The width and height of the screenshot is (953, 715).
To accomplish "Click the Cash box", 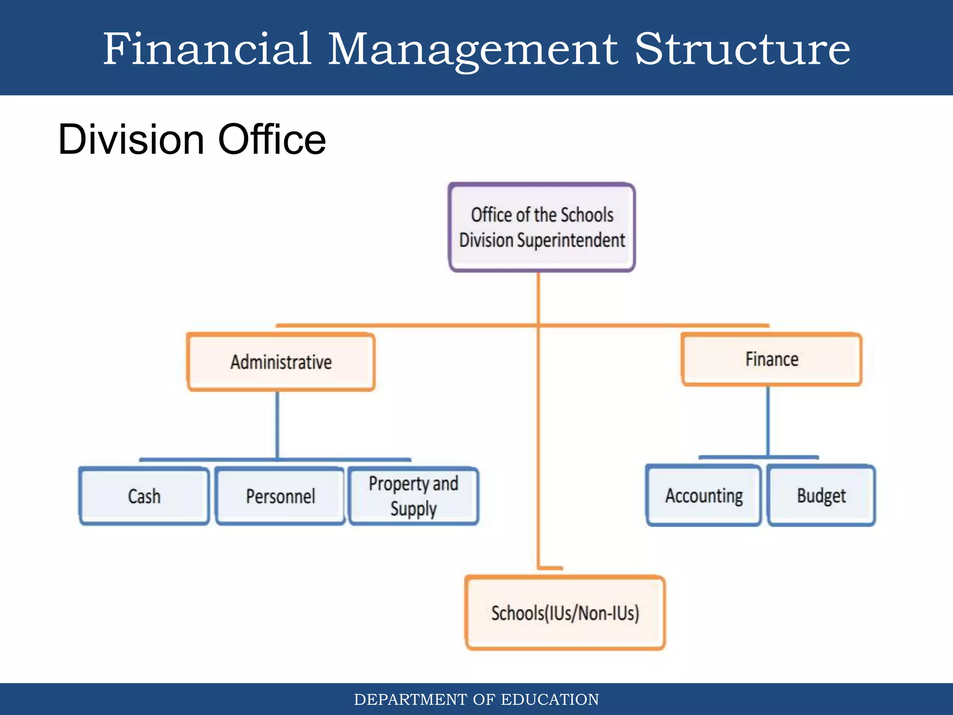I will [144, 496].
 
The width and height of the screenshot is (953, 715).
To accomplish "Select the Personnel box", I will [281, 496].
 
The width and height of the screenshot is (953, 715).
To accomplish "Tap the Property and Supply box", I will [414, 496].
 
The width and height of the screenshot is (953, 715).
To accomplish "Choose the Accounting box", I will [704, 496].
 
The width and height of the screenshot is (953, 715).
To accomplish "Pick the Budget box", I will [821, 496].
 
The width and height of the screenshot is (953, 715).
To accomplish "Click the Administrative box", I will [281, 362].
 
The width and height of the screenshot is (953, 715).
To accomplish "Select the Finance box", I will [772, 359].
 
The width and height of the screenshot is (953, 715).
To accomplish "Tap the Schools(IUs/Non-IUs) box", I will [565, 613].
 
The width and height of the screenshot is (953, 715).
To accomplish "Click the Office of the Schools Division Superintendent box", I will [542, 227].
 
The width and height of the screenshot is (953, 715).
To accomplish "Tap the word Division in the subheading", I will [131, 139].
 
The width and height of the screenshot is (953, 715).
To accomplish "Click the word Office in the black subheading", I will [272, 139].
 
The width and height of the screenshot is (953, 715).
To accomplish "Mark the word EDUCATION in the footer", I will [550, 700].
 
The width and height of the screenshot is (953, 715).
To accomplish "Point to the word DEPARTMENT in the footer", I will [410, 700].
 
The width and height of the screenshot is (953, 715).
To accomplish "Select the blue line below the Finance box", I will [768, 421].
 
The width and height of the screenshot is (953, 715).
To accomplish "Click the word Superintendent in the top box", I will [571, 240].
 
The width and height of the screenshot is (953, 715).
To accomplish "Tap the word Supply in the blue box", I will [414, 509].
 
